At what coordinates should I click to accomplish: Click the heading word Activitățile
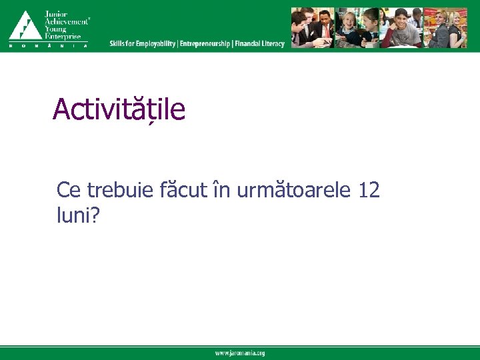119,109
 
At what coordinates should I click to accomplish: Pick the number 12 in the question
369,191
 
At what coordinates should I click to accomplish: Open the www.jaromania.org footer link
240,353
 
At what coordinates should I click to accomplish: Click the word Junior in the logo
55,13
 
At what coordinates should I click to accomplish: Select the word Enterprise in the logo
62,36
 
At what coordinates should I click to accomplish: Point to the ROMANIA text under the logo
48,45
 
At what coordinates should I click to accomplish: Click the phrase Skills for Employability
143,44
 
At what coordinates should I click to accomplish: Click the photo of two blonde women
447,28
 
